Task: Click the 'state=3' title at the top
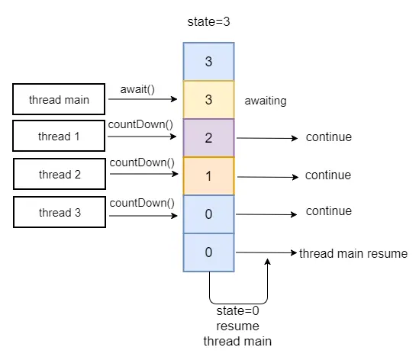pyautogui.click(x=208, y=22)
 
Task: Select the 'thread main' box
pyautogui.click(x=59, y=99)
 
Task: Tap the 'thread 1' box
pyautogui.click(x=59, y=136)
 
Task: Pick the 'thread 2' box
pyautogui.click(x=60, y=174)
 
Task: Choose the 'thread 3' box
pyautogui.click(x=60, y=212)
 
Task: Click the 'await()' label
pyautogui.click(x=137, y=89)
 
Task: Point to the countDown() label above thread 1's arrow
pyautogui.click(x=140, y=124)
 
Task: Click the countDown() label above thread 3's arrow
pyautogui.click(x=142, y=203)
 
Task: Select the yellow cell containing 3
pyautogui.click(x=208, y=99)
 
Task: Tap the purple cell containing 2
pyautogui.click(x=208, y=137)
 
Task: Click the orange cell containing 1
pyautogui.click(x=208, y=175)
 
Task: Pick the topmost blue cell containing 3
pyautogui.click(x=208, y=62)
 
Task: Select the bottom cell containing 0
pyautogui.click(x=208, y=252)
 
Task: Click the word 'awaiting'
pyautogui.click(x=266, y=101)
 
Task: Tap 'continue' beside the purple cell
pyautogui.click(x=329, y=137)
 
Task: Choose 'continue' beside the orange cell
pyautogui.click(x=328, y=175)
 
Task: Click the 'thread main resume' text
pyautogui.click(x=353, y=253)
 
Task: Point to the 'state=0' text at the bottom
pyautogui.click(x=237, y=311)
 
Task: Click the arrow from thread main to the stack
pyautogui.click(x=143, y=99)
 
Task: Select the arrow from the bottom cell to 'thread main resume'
pyautogui.click(x=266, y=252)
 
